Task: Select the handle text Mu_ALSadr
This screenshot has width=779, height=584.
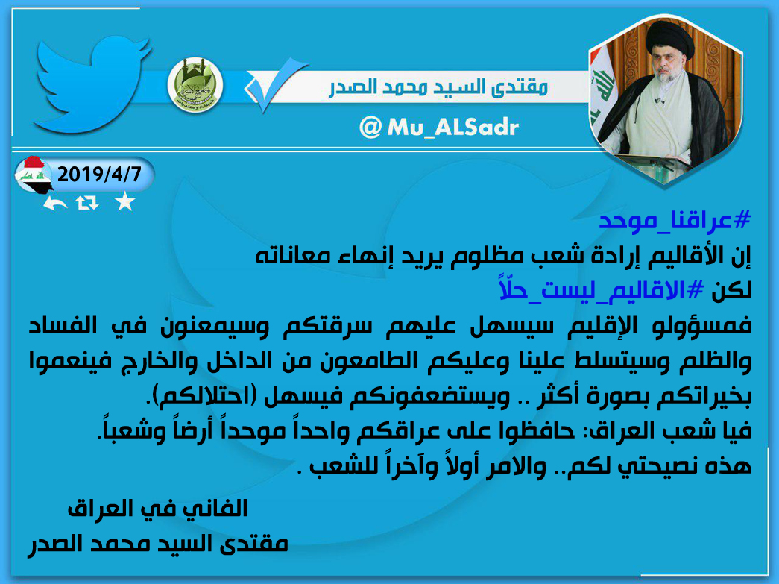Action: pyautogui.click(x=452, y=128)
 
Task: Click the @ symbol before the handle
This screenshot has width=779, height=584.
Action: pyautogui.click(x=370, y=128)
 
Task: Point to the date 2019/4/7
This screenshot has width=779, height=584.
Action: pyautogui.click(x=99, y=175)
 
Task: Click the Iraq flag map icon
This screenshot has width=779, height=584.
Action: pyautogui.click(x=34, y=175)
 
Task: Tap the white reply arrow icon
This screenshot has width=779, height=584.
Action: pyautogui.click(x=54, y=203)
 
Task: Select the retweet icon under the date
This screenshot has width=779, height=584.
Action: pyautogui.click(x=87, y=203)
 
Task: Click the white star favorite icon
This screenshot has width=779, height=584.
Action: pyautogui.click(x=124, y=202)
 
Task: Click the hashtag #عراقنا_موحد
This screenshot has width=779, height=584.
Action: pyautogui.click(x=675, y=221)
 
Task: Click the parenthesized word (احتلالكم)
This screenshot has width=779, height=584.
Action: pyautogui.click(x=204, y=396)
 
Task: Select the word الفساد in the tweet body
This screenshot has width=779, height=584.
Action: pyautogui.click(x=63, y=326)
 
